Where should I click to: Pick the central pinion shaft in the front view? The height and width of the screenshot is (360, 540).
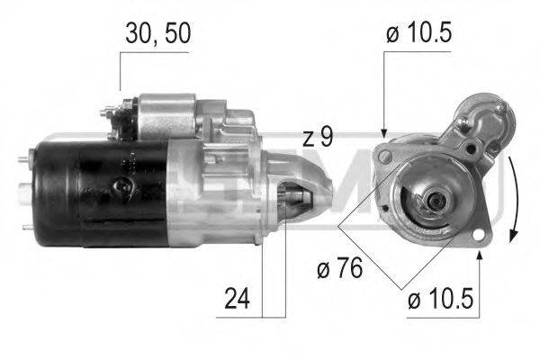(x=437, y=203)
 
